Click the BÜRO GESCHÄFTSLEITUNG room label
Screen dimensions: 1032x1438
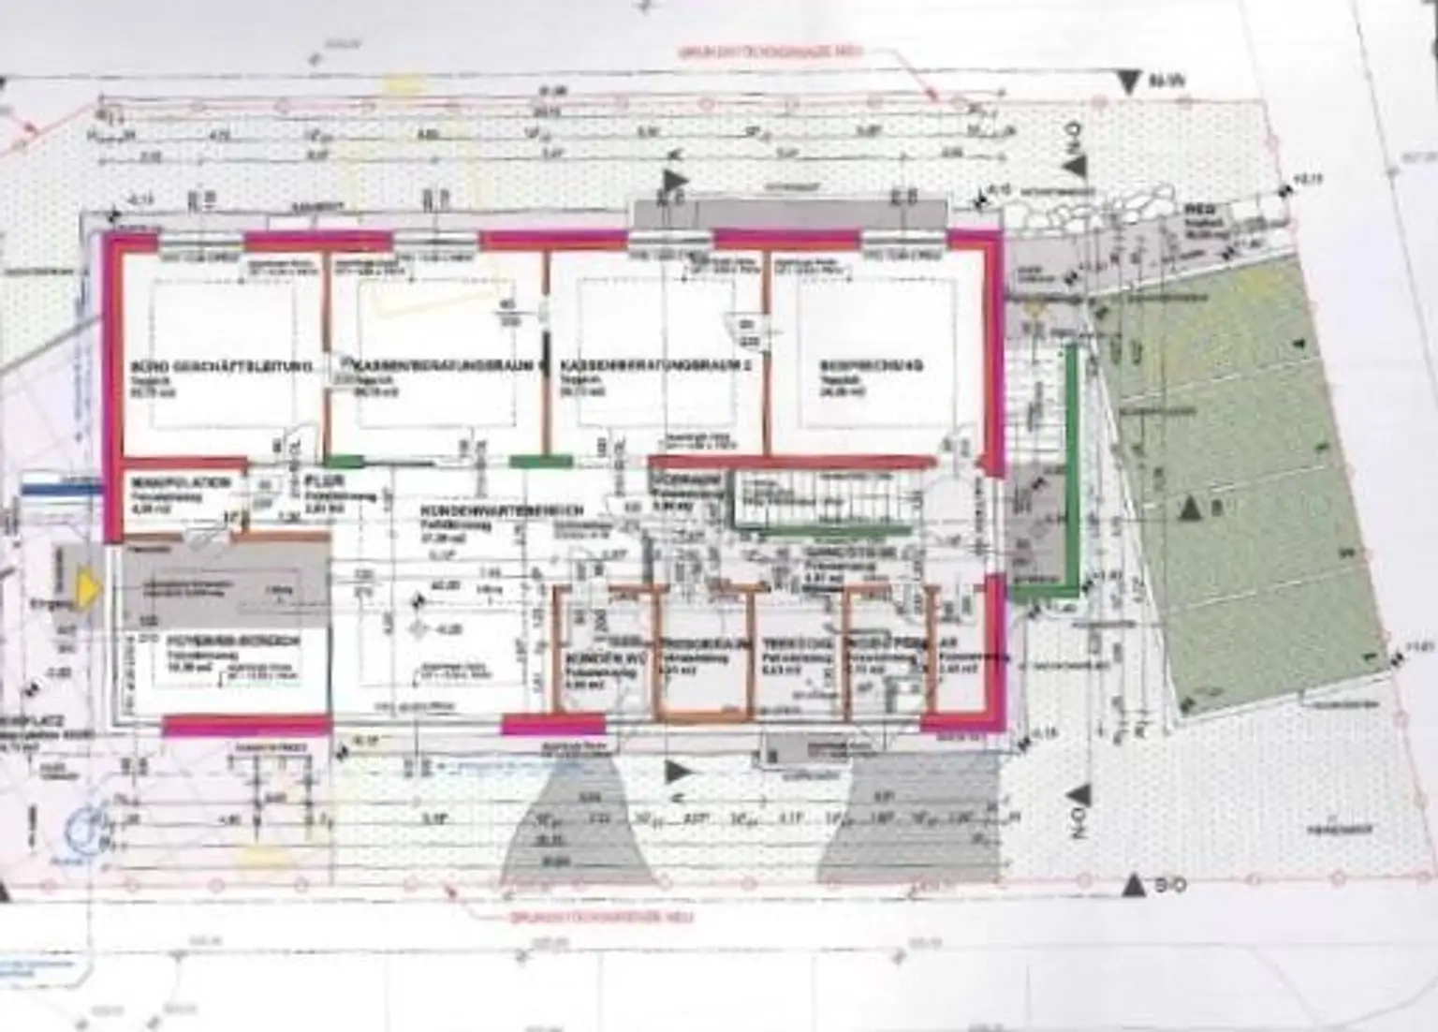pyautogui.click(x=221, y=366)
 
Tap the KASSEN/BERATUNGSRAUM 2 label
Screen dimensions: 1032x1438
pyautogui.click(x=656, y=364)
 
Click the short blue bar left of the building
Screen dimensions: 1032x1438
pyautogui.click(x=62, y=485)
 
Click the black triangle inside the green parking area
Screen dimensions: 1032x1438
pyautogui.click(x=1189, y=509)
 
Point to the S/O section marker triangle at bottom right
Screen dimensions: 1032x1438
pyautogui.click(x=1136, y=882)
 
